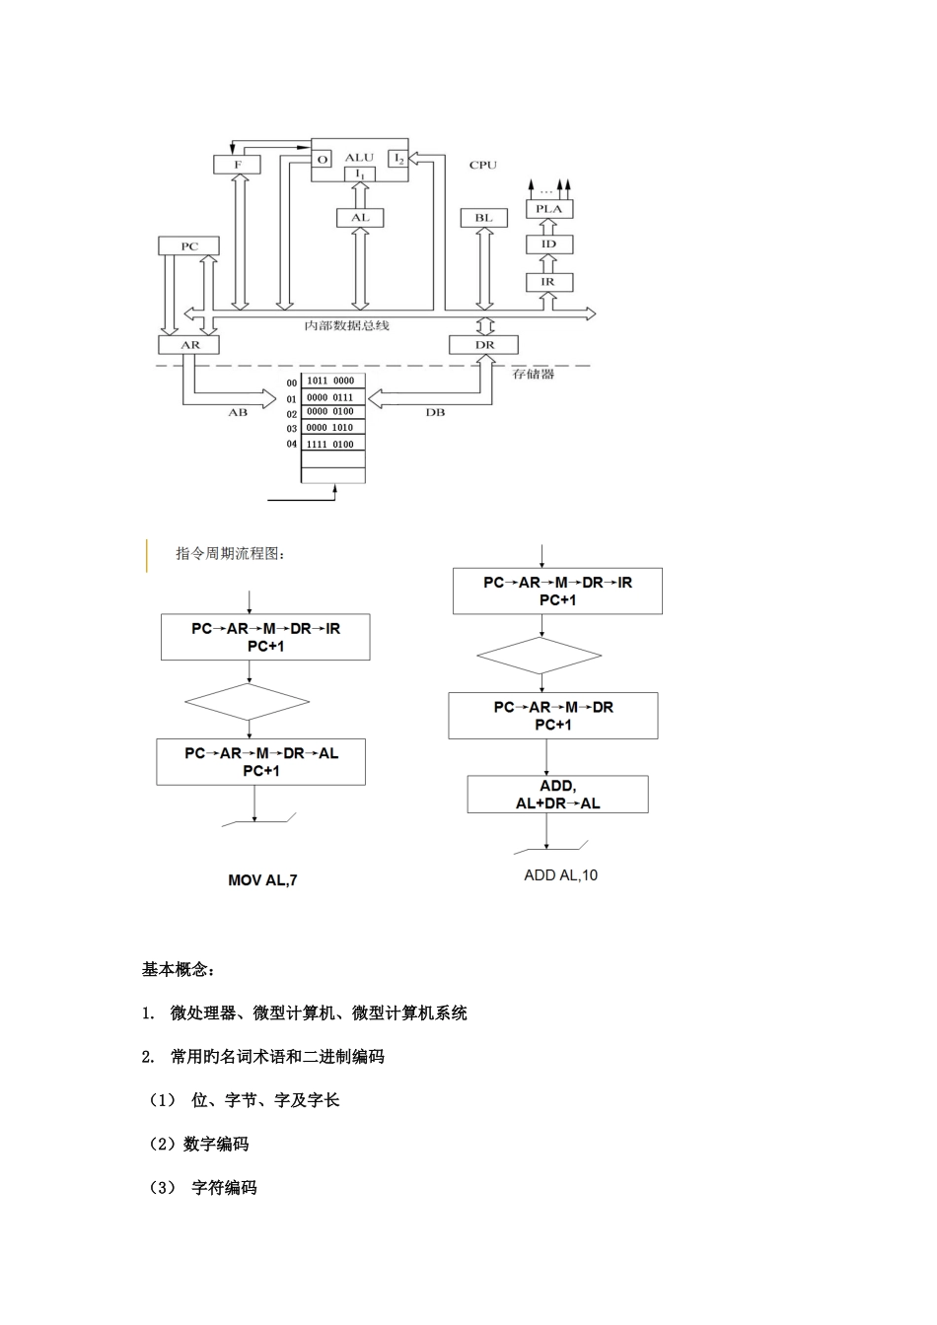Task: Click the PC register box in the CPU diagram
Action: tap(188, 246)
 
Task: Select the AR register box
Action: tap(188, 345)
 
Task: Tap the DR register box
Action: tap(484, 345)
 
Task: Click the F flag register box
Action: tap(238, 165)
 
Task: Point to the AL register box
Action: tap(360, 218)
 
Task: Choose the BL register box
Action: tap(483, 218)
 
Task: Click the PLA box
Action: tap(548, 209)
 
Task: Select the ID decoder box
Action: tap(548, 244)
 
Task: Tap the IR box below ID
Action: tap(548, 282)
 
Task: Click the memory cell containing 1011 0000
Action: tap(332, 381)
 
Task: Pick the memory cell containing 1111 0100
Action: tap(332, 445)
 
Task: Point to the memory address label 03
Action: tap(292, 430)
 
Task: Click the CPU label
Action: tap(483, 165)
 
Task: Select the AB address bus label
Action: tap(238, 413)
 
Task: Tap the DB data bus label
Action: tap(435, 413)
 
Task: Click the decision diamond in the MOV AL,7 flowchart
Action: tap(248, 703)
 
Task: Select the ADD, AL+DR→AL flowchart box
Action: tap(557, 795)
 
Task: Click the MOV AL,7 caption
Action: tap(262, 880)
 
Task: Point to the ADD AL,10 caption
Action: tap(560, 875)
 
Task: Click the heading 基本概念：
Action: tap(178, 970)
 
